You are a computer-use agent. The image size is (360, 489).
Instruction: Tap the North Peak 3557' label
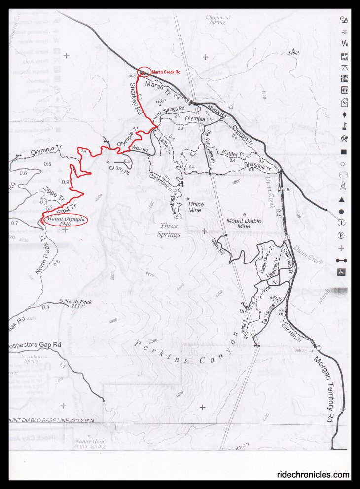coord(78,303)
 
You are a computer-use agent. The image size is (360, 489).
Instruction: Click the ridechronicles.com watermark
coord(313,475)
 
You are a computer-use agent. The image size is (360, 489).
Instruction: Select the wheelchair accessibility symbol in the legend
coord(342,272)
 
